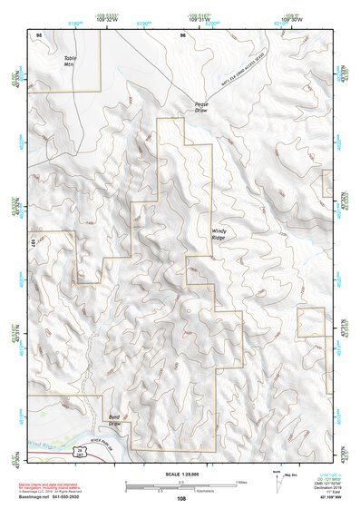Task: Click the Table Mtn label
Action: [x=71, y=62]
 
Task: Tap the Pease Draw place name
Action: [x=201, y=106]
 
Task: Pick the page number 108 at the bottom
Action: [x=181, y=499]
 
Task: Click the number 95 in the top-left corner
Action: [x=39, y=34]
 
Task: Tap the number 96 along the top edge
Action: [x=182, y=34]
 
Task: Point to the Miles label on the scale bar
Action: [x=239, y=481]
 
